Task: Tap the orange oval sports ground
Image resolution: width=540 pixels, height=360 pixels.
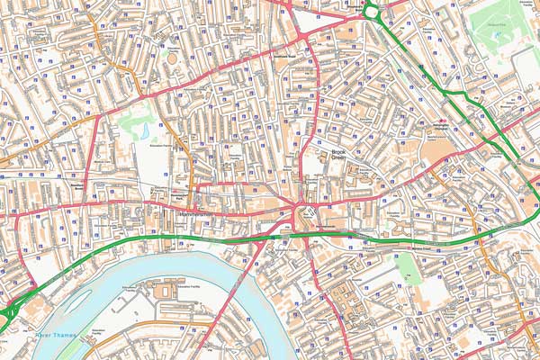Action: coord(172,58)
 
